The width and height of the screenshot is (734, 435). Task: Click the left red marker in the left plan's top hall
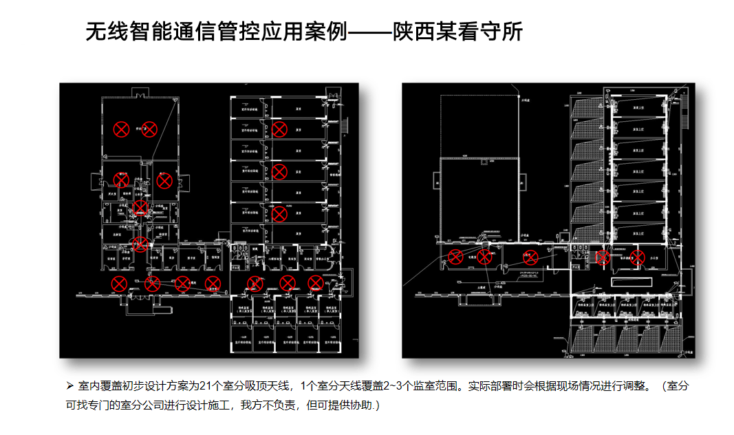click(x=121, y=129)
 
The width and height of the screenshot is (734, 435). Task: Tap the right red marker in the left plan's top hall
click(x=149, y=129)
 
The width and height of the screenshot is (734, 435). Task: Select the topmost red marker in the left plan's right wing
click(x=279, y=129)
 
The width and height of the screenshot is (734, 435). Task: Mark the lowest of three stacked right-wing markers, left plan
click(x=279, y=214)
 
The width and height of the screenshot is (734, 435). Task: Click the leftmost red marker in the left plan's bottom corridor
click(x=119, y=284)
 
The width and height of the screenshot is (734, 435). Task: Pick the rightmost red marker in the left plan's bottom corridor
click(x=315, y=283)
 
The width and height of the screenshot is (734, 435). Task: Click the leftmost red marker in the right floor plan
click(x=455, y=257)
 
